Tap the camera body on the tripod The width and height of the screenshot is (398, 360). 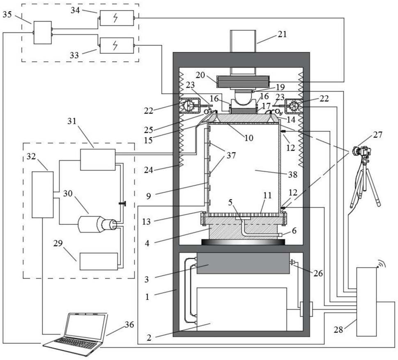362,151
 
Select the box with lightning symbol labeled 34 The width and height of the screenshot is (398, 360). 117,18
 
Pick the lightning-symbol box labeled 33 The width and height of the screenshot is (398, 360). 117,46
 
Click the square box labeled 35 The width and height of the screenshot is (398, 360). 43,33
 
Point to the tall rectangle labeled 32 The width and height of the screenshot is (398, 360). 43,195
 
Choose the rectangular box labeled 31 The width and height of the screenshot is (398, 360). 98,160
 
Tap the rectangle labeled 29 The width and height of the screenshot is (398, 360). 99,261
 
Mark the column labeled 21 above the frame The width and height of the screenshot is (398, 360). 243,41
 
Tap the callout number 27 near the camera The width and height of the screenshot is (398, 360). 377,134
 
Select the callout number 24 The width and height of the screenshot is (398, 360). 149,170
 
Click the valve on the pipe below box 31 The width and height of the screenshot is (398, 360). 122,203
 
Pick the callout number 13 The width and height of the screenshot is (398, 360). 146,222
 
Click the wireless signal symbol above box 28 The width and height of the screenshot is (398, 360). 381,264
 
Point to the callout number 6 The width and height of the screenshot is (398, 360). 294,231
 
